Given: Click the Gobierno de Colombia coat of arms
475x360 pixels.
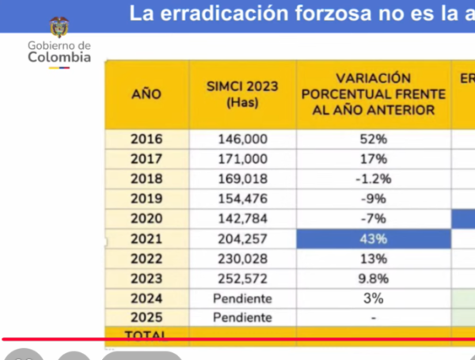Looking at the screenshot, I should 59,28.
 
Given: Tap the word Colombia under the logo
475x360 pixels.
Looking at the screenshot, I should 59,57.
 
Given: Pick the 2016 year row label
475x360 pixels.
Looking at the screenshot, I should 146,139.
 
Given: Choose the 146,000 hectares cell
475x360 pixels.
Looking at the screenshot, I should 243,139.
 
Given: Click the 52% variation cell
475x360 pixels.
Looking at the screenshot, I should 374,139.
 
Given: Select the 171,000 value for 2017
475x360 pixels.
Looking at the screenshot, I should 243,159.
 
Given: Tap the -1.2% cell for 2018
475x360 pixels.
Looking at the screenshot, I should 374,179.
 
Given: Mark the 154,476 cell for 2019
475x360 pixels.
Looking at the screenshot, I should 243,199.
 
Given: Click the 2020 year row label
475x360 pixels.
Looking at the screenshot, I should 146,218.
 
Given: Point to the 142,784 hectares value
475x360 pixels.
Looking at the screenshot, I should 243,218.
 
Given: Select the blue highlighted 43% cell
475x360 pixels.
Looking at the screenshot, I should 374,239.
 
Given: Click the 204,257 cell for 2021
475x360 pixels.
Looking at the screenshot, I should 243,239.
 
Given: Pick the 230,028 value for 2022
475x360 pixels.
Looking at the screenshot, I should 243,259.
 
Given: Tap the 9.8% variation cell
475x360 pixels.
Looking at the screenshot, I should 374,279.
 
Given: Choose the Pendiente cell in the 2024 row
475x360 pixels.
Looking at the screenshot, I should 243,298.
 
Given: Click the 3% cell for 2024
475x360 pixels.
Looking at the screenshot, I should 374,298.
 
